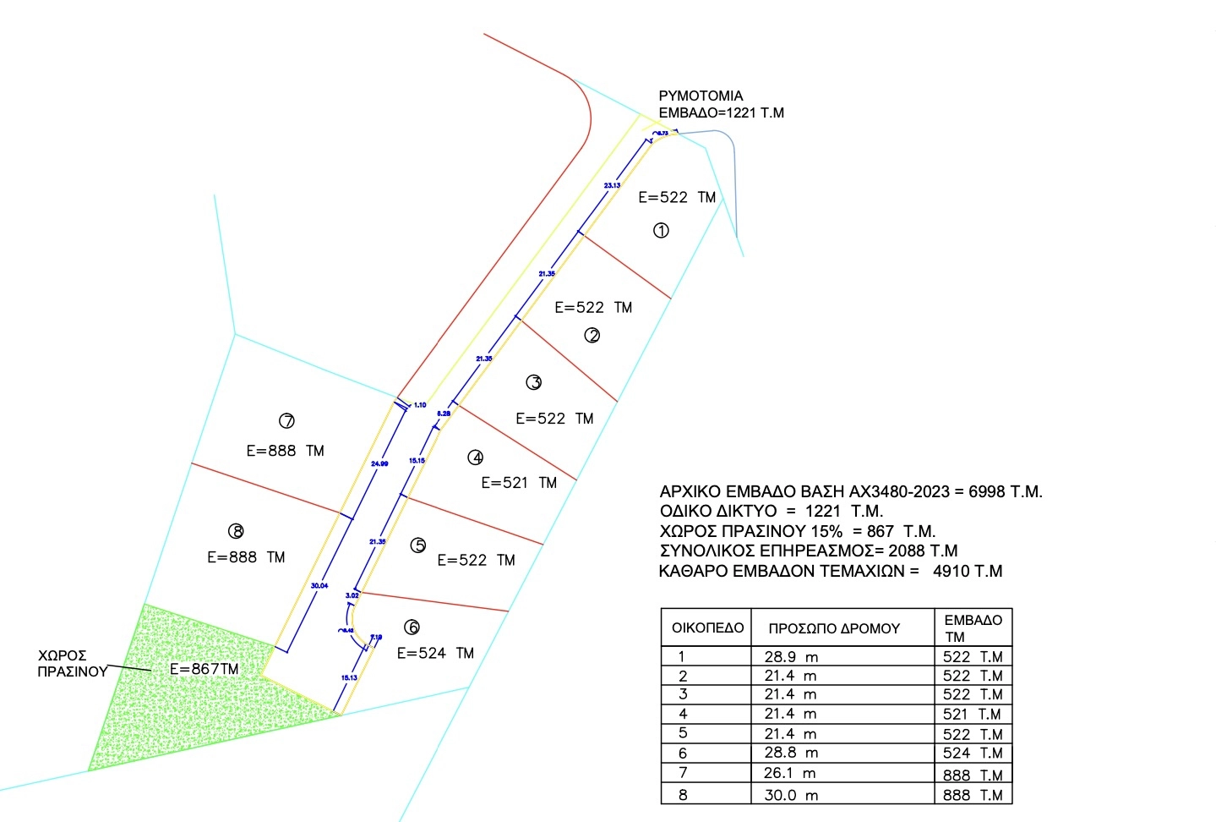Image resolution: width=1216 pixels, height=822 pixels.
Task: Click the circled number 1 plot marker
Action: point(661,230)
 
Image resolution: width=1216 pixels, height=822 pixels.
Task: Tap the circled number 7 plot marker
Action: point(286,420)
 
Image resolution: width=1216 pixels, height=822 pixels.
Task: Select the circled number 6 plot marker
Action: point(412,627)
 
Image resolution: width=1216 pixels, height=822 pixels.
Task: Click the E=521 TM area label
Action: point(519,483)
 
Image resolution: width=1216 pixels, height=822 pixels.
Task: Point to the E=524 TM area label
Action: point(435,653)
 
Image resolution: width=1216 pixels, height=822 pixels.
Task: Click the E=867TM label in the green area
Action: point(204,669)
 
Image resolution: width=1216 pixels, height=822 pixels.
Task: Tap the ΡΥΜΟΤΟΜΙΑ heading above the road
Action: point(701,96)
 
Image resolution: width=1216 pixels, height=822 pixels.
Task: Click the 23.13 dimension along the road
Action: point(612,185)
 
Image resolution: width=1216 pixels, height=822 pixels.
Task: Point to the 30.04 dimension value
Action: point(319,585)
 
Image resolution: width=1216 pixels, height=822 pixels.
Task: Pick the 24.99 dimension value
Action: point(380,463)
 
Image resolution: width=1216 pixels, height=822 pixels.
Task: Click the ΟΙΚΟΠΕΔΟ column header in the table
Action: point(707,628)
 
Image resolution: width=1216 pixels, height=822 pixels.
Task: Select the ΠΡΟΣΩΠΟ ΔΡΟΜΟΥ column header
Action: point(833,628)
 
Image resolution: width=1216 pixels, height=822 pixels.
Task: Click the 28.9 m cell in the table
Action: point(791,657)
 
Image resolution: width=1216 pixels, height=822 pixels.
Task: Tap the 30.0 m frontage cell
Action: point(791,795)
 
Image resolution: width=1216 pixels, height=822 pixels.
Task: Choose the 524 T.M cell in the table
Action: point(973,753)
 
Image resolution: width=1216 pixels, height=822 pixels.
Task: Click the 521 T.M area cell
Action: point(973,714)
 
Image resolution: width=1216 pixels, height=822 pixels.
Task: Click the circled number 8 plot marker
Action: point(236,531)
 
